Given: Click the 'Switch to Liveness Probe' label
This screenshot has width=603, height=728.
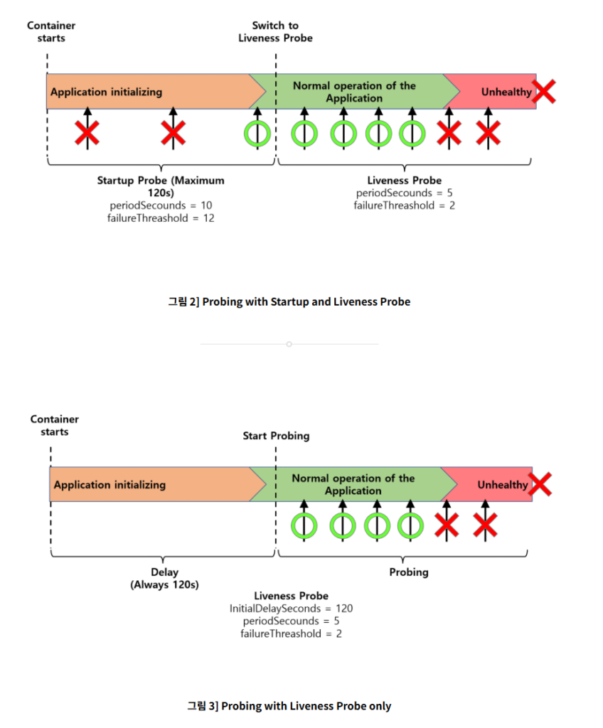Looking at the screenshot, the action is tap(275, 31).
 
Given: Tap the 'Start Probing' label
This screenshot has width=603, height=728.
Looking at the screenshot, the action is tap(276, 436).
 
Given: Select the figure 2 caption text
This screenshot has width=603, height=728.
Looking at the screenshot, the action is tap(289, 301).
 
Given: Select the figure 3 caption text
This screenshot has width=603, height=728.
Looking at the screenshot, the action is tap(289, 706).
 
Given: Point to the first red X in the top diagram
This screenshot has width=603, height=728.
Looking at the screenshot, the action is tap(87, 133).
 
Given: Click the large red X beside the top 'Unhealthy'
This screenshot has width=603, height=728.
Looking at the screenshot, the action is tap(543, 91).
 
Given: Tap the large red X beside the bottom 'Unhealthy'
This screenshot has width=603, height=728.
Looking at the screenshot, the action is tap(540, 484).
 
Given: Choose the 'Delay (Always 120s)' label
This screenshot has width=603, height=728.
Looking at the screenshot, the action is tap(164, 579).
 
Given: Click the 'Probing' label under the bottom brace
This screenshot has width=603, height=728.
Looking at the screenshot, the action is tap(409, 572).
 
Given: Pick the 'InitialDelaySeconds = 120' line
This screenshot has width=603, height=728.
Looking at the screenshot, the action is tap(291, 609).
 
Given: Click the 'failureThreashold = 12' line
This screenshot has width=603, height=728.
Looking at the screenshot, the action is tap(161, 218).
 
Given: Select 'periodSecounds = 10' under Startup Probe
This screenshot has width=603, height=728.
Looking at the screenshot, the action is tap(161, 205).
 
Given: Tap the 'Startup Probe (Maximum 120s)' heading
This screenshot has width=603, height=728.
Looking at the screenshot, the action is tap(161, 186).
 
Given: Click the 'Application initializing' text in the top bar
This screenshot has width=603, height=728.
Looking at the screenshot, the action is tap(107, 92).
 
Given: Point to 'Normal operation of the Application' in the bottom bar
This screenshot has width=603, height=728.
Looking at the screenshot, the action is tap(353, 484).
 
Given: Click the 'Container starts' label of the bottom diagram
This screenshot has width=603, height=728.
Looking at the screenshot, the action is tap(54, 425).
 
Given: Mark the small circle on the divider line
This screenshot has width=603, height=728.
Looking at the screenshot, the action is tap(289, 344).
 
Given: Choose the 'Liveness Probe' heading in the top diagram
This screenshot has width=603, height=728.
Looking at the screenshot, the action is tap(404, 180).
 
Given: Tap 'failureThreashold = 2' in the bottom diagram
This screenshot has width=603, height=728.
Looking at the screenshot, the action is tap(291, 633).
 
